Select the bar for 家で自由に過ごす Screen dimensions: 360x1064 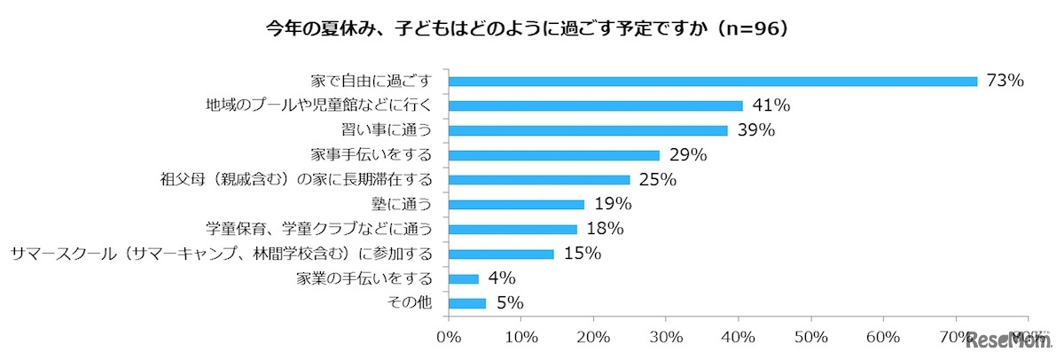coord(713,81)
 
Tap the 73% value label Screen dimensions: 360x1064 coord(1006,81)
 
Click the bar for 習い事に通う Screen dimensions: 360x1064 coord(589,130)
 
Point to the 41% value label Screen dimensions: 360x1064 coord(771,106)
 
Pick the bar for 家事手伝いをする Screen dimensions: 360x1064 coord(554,155)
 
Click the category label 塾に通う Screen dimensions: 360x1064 coord(405,205)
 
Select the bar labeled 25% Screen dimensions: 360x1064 coord(539,180)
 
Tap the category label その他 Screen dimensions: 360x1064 coord(411,303)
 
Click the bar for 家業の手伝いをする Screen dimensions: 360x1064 coord(464,278)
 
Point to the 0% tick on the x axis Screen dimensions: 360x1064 coord(450,338)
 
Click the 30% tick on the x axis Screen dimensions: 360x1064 coord(667,338)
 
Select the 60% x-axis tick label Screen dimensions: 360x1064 coord(884,338)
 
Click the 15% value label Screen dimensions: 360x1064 coord(583,254)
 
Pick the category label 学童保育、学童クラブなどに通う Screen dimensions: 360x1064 coord(317,229)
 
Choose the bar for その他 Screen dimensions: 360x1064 coord(467,303)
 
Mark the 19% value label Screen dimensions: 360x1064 coord(614,205)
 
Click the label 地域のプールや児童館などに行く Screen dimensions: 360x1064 coord(317,106)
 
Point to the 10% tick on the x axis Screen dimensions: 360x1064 coord(522,338)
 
